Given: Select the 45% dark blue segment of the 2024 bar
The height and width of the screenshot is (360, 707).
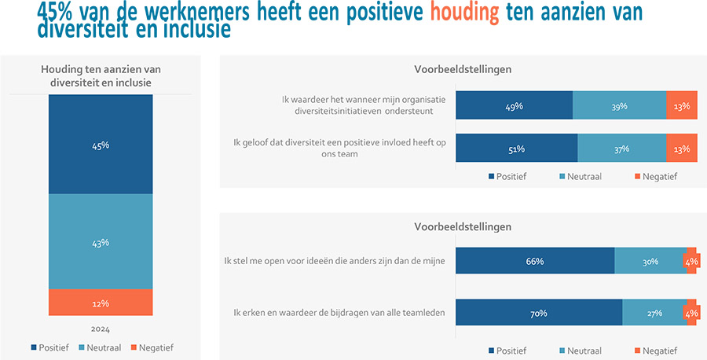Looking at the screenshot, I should [101, 145].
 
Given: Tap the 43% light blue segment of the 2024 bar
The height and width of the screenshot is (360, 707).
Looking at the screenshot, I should [101, 242].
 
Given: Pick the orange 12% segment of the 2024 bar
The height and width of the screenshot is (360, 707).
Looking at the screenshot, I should [101, 303].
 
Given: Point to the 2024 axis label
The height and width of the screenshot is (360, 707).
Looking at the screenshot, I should [101, 329].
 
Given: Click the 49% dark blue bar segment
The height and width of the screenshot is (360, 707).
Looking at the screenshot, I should [514, 106].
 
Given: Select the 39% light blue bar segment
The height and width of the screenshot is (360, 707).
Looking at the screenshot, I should [618, 106].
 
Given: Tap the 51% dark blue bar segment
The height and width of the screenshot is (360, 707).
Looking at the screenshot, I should [516, 149].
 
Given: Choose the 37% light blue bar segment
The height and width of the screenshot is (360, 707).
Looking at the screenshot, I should [621, 149].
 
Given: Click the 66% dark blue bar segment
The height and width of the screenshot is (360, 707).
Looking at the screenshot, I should [535, 262].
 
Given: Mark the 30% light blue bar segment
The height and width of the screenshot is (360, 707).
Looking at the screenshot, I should [650, 262].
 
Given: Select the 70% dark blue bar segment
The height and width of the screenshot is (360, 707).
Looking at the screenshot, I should [539, 314].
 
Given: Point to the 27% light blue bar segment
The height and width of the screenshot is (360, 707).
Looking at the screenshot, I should [654, 314].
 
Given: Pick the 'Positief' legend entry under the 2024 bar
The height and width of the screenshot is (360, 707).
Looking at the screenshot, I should [50, 347].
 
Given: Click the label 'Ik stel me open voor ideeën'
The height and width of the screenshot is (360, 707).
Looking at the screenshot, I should [335, 262].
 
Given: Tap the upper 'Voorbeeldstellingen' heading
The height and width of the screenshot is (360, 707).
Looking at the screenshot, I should [463, 69].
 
